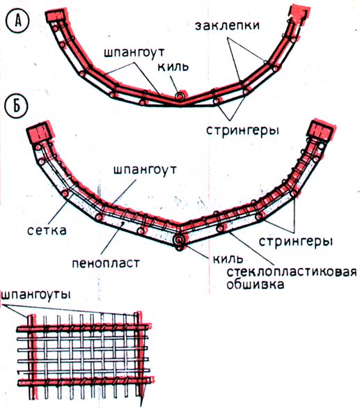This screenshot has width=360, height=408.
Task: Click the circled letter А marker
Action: pyautogui.click(x=17, y=21)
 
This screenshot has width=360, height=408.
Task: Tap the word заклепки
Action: pyautogui.click(x=227, y=26)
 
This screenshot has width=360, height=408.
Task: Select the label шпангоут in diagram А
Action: pyautogui.click(x=134, y=53)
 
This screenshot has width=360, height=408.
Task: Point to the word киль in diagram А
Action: pyautogui.click(x=173, y=67)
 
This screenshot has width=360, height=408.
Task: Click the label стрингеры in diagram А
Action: pyautogui.click(x=242, y=130)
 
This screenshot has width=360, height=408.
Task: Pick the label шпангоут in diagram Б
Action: pyautogui.click(x=145, y=171)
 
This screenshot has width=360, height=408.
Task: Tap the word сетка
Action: pyautogui.click(x=47, y=230)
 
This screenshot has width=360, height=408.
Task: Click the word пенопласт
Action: pyautogui.click(x=106, y=263)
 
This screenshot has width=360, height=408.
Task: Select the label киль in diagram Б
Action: pyautogui.click(x=228, y=258)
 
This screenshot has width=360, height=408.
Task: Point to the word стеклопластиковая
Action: pyautogui.click(x=291, y=272)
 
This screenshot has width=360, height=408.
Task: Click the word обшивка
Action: pyautogui.click(x=255, y=284)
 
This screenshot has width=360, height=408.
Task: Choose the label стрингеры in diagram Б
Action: pyautogui.click(x=296, y=241)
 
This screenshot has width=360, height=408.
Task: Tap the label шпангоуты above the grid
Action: pyautogui.click(x=36, y=295)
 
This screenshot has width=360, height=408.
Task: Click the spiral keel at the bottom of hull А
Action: pyautogui.click(x=180, y=96)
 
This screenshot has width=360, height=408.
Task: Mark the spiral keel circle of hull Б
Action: pyautogui.click(x=179, y=240)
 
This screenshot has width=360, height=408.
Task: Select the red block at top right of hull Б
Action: pyautogui.click(x=322, y=130)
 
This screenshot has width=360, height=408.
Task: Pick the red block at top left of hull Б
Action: pyautogui.click(x=40, y=132)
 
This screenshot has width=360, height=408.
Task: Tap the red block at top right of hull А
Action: pyautogui.click(x=299, y=15)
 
